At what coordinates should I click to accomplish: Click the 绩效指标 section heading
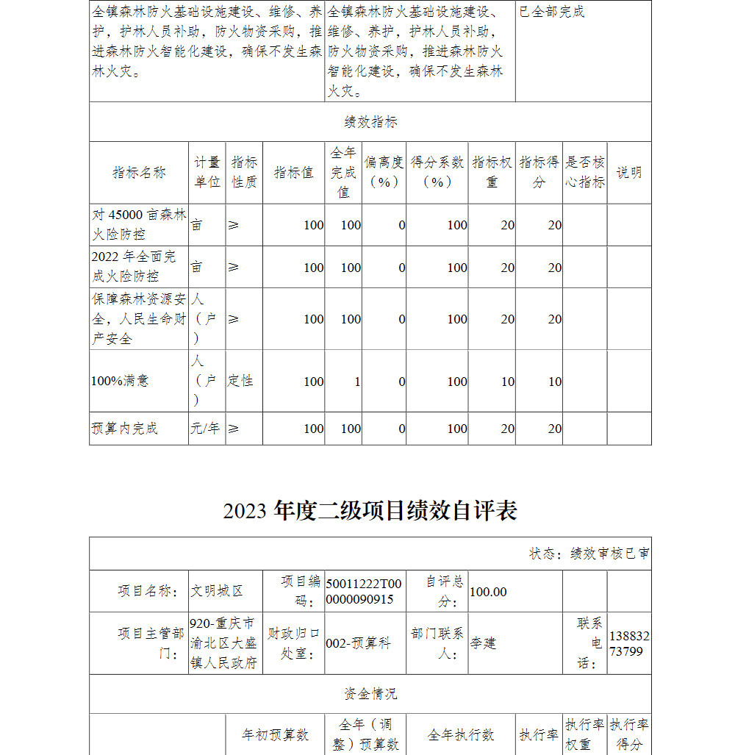coord(370,122)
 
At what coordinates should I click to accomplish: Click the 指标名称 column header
coord(139,173)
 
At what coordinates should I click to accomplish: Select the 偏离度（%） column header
coord(384,173)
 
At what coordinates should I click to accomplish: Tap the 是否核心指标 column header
coord(585,173)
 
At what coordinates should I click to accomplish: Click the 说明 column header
coord(629,173)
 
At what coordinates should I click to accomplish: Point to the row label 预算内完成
coord(124,429)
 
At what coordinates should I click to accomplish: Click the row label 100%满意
coord(120,381)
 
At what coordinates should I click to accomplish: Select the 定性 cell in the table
coord(240,381)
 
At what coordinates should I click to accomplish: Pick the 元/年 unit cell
coord(206,429)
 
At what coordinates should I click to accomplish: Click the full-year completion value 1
coord(357,382)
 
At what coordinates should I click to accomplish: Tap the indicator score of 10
coord(555,382)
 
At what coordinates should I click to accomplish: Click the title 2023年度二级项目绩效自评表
coord(370,511)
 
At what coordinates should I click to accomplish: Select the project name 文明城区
coord(217,591)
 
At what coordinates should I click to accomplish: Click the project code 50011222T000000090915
coord(364,591)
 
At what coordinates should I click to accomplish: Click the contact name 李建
coord(484,643)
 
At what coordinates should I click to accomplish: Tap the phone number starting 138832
coord(629,643)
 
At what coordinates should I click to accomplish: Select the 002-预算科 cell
coord(358,643)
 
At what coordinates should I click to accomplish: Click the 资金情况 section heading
coord(370,694)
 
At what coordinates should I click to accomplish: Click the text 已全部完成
coord(552,12)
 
